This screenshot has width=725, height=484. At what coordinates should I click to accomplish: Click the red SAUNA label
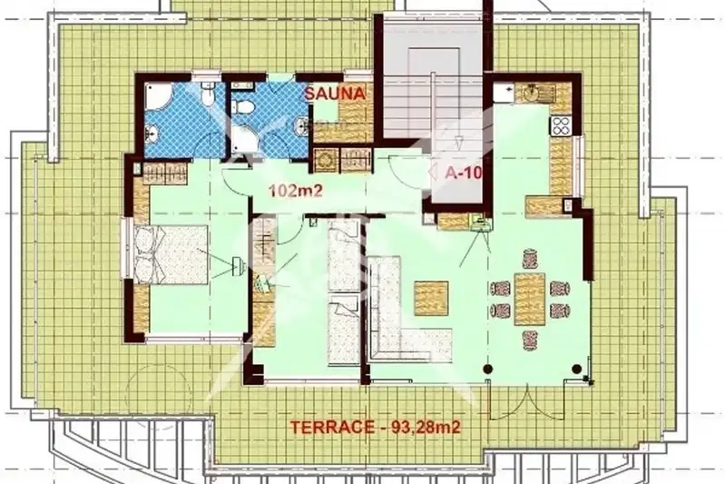click(335, 94)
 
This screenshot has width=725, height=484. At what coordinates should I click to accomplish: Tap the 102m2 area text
click(296, 191)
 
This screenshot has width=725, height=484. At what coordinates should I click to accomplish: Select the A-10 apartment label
click(464, 173)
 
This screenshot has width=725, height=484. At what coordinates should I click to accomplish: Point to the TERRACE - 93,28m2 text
click(375, 427)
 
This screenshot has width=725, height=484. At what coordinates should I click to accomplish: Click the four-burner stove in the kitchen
click(561, 125)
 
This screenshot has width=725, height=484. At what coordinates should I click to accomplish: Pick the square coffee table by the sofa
click(431, 299)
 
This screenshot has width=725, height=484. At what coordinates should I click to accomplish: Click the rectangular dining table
click(530, 300)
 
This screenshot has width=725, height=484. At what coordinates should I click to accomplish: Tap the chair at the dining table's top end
click(530, 259)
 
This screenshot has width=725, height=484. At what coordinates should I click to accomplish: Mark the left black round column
click(488, 369)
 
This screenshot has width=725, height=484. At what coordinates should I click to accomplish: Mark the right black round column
click(576, 369)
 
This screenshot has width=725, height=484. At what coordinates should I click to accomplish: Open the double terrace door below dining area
click(527, 400)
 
